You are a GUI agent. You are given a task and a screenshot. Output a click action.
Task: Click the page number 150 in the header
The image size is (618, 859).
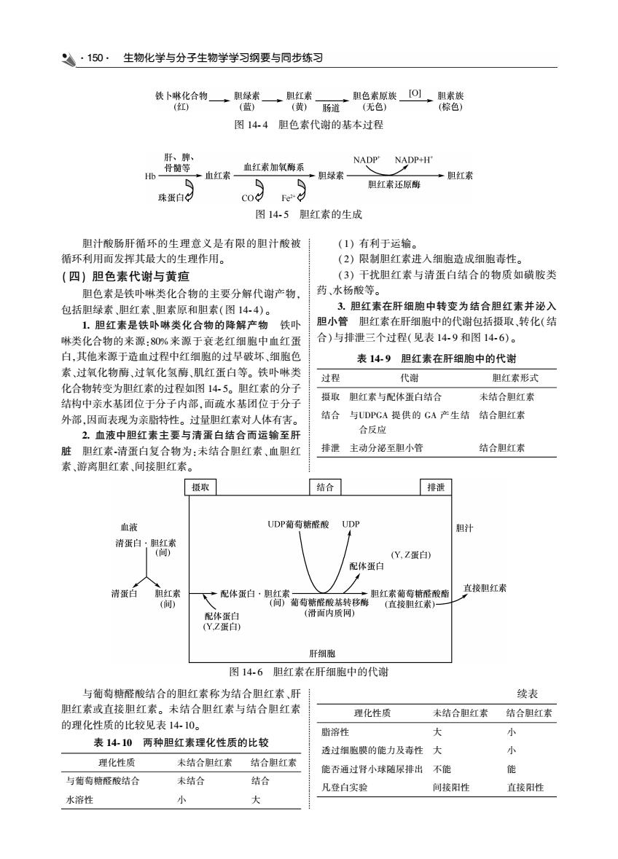point(95,58)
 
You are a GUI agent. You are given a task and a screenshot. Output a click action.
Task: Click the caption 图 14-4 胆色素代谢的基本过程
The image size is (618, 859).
point(308,125)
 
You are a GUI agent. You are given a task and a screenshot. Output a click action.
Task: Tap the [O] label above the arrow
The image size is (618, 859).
point(415,93)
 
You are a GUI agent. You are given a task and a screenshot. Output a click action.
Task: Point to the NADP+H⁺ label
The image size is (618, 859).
point(414,160)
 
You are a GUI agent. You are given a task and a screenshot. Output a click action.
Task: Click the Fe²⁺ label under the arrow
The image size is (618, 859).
point(288,198)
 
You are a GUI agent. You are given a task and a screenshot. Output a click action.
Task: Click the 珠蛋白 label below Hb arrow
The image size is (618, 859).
point(171,197)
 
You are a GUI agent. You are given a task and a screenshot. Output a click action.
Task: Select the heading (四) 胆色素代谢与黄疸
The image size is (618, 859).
point(126,277)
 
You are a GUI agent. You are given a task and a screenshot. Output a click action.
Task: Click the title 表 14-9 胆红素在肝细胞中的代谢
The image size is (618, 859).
point(437,359)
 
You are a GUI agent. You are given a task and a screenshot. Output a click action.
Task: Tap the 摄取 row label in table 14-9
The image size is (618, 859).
point(330,397)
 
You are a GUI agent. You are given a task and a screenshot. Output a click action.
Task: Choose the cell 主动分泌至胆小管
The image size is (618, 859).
point(386,448)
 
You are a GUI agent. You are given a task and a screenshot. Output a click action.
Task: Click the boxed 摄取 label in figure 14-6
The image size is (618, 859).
point(200,487)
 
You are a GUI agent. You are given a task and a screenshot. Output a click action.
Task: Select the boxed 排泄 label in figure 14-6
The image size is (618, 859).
point(436,487)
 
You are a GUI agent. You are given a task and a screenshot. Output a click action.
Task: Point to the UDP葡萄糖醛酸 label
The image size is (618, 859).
point(298,525)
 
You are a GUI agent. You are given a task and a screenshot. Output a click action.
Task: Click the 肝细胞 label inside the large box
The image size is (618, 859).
point(322,654)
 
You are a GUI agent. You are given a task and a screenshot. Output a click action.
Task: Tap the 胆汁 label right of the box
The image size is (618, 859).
point(464,528)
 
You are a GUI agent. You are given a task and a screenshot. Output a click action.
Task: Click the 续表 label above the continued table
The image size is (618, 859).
point(528,694)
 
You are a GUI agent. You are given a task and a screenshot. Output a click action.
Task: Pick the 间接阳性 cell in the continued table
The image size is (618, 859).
point(451,788)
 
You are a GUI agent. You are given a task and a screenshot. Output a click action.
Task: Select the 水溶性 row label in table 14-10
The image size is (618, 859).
point(79,800)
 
